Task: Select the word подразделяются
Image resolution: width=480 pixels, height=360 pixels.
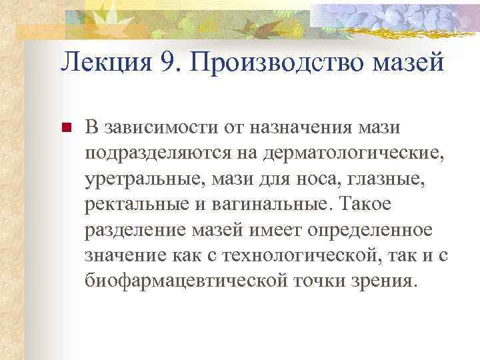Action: click(x=157, y=153)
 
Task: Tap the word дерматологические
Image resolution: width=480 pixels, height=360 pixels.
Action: click(x=353, y=153)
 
